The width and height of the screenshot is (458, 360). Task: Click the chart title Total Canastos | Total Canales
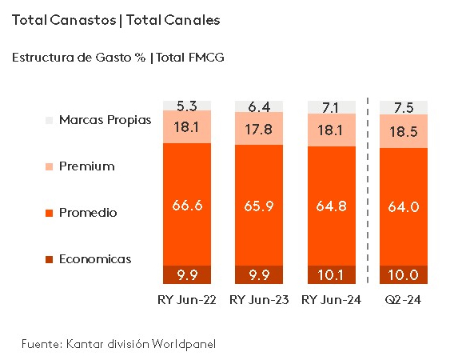point(116,20)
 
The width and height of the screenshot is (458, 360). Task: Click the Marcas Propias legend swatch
point(50,120)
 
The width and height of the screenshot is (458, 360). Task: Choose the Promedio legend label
point(88,213)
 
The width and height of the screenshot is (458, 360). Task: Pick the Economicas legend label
point(94,259)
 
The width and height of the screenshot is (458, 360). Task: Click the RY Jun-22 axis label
point(187,300)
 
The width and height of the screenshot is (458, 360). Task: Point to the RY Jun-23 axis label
point(259,300)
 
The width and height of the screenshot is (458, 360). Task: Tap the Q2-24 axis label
point(404,300)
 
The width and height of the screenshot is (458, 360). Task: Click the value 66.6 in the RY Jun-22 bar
point(187,205)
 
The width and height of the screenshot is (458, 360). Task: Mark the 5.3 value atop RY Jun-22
point(187,105)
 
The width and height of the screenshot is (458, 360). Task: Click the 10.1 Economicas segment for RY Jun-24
point(332,275)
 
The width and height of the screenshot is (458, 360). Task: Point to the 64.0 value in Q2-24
point(404,206)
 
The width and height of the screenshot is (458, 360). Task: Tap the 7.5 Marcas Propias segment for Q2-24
point(404,107)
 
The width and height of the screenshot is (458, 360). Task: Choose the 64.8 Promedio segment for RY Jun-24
point(332,206)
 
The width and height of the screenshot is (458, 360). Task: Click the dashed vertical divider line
point(368,192)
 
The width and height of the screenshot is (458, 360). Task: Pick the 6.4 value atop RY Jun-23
point(259,106)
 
